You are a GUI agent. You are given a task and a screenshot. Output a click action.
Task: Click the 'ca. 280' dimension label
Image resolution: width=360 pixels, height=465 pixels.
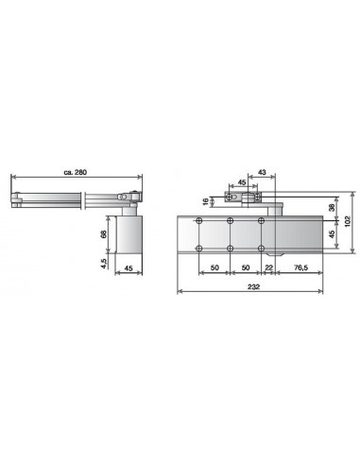point(75,172)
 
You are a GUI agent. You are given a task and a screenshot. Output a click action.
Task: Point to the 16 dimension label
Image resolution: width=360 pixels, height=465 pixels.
point(205,201)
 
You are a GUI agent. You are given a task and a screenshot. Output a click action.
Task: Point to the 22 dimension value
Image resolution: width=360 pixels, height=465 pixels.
point(268,269)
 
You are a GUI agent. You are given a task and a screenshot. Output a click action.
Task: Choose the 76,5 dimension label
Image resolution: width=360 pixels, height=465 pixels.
point(300,269)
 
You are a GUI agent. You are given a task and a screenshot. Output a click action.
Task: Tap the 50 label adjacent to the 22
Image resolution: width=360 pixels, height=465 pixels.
point(246,269)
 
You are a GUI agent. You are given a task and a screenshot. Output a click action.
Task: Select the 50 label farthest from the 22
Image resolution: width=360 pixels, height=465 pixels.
point(214,269)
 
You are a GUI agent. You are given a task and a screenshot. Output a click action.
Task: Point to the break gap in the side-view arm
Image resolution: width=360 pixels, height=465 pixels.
point(84,199)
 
